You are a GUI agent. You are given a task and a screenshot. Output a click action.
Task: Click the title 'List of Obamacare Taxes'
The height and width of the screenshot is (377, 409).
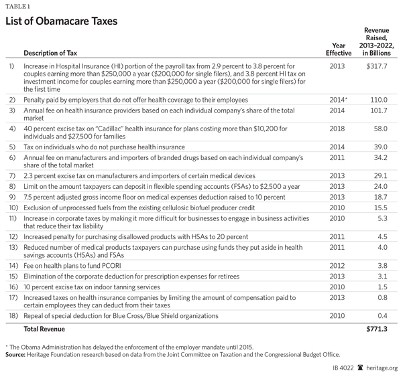[x=62, y=21]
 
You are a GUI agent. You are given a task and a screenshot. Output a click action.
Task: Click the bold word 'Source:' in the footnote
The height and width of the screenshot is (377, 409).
[x=18, y=354]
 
